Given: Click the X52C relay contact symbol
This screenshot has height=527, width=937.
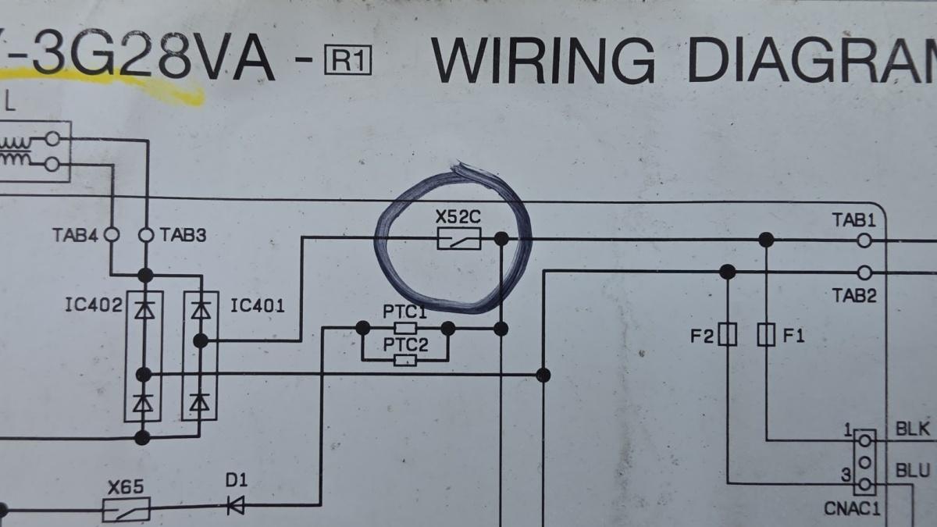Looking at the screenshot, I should click(x=458, y=238).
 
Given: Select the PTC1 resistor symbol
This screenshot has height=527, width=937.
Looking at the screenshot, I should click(x=404, y=328).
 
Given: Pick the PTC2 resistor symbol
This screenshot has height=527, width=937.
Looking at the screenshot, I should click(x=404, y=360).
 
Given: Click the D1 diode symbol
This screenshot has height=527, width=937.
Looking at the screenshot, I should click(x=235, y=506).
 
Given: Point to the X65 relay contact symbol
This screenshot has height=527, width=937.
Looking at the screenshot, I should click(x=126, y=511).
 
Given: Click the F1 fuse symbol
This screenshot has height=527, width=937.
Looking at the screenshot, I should click(x=767, y=336).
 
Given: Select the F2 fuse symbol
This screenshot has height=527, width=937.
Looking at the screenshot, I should click(x=728, y=336).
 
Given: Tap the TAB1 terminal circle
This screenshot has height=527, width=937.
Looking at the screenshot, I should click(x=864, y=240).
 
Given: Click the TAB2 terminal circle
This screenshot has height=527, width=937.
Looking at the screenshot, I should click(x=864, y=272).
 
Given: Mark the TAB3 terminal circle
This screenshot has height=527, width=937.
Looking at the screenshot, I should click(x=145, y=234).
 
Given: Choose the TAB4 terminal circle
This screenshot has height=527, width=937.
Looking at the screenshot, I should click(x=112, y=234).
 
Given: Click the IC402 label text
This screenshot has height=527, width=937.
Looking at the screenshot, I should click(x=93, y=305).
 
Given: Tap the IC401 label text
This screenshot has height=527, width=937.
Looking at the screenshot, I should click(x=258, y=305).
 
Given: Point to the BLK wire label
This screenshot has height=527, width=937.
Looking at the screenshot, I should click(x=912, y=429).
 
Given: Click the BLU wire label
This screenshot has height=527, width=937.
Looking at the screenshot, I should click(x=912, y=471).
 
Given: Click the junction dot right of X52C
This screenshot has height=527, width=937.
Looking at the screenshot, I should click(x=501, y=237).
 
